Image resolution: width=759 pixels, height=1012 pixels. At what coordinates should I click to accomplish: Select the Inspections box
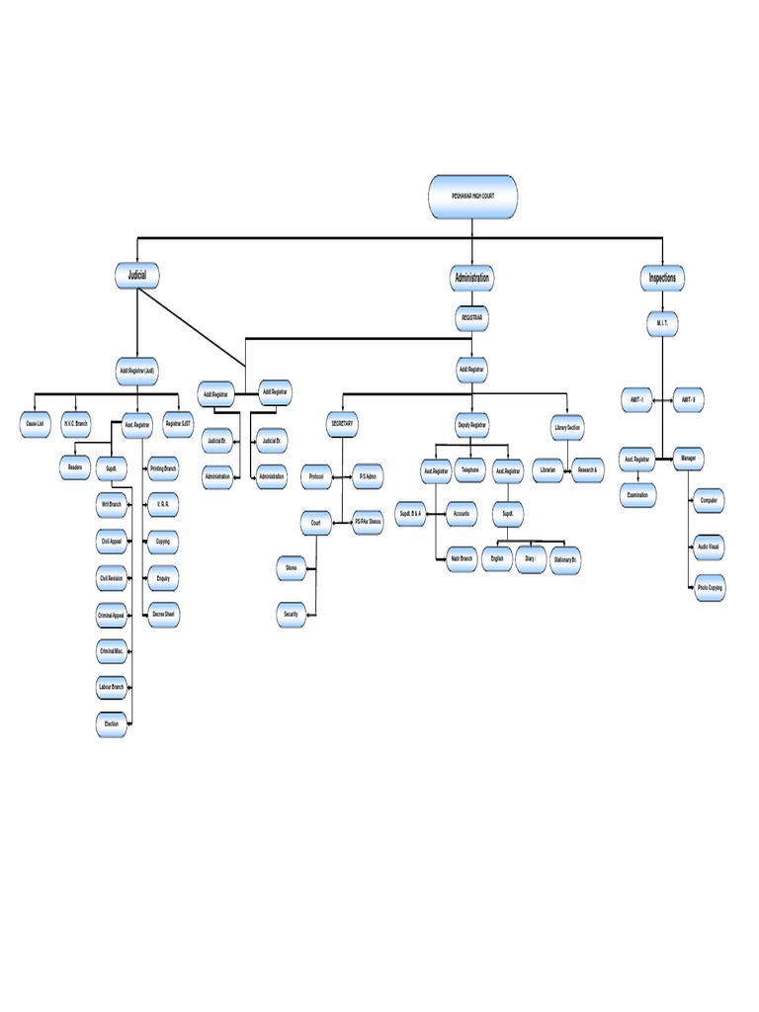(x=662, y=279)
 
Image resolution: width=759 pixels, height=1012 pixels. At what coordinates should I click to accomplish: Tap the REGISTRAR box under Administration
(x=472, y=318)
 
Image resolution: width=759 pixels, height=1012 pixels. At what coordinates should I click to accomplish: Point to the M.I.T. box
(x=662, y=323)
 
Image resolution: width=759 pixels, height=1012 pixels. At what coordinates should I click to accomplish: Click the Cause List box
(x=34, y=423)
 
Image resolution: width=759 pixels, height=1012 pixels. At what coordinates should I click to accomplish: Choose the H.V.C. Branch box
(x=77, y=423)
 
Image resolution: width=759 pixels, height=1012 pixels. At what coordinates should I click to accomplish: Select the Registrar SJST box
(x=178, y=423)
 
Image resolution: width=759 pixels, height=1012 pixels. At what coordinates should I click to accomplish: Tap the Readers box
(x=75, y=464)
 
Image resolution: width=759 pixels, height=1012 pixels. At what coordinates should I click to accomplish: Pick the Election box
(x=111, y=724)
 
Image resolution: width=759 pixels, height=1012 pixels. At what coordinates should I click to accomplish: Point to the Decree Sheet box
(x=163, y=614)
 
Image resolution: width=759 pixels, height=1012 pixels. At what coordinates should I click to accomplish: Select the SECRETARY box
(x=341, y=423)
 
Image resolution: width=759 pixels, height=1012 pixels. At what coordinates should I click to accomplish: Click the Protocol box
(x=316, y=476)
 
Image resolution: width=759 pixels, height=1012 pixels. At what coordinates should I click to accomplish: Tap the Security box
(x=291, y=615)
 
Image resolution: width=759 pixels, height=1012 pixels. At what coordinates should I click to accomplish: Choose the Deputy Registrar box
(x=472, y=424)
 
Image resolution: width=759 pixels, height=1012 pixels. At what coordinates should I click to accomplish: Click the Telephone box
(x=469, y=470)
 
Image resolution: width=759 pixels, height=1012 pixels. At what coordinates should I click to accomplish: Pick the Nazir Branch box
(x=461, y=558)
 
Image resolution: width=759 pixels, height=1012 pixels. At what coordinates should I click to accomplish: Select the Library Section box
(x=567, y=427)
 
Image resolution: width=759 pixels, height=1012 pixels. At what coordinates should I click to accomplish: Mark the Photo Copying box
(x=709, y=588)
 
